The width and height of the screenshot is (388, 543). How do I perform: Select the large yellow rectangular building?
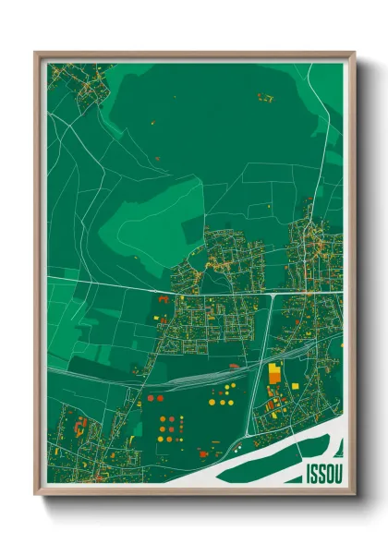tap(274, 374)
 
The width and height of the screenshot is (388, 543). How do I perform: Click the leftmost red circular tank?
tap(149, 398)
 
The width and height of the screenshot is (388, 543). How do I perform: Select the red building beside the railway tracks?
tap(233, 367)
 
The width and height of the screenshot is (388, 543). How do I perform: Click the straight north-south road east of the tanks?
tap(249, 369)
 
